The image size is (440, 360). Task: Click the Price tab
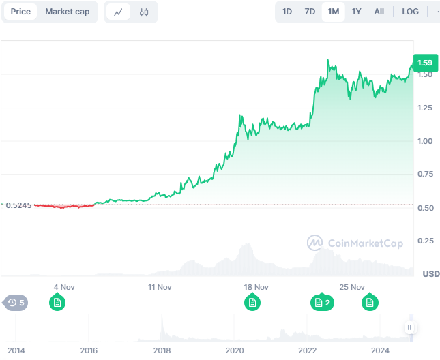pos(20,12)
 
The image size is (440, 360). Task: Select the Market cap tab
pos(67,12)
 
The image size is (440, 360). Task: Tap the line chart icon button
pos(119,12)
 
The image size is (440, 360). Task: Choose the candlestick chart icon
pos(143,12)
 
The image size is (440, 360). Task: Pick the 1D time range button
pos(287,12)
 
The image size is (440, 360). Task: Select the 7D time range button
pos(310,12)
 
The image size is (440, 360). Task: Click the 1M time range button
pos(333,12)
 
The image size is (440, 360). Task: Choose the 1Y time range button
pos(356,12)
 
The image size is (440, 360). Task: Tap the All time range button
pos(379,12)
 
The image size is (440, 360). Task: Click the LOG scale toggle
pos(411,12)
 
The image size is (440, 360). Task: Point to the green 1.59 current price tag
pos(425,63)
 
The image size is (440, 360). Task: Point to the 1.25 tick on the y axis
pos(425,108)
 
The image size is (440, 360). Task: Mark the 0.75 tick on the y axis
pos(425,175)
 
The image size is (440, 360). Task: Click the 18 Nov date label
pos(256,287)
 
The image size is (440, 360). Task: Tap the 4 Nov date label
pos(63,287)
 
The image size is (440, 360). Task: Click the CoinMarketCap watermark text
pos(364,243)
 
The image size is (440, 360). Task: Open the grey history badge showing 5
pos(16,302)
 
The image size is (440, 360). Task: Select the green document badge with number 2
pos(321,302)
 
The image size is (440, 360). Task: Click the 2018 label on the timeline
pos(162,350)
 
